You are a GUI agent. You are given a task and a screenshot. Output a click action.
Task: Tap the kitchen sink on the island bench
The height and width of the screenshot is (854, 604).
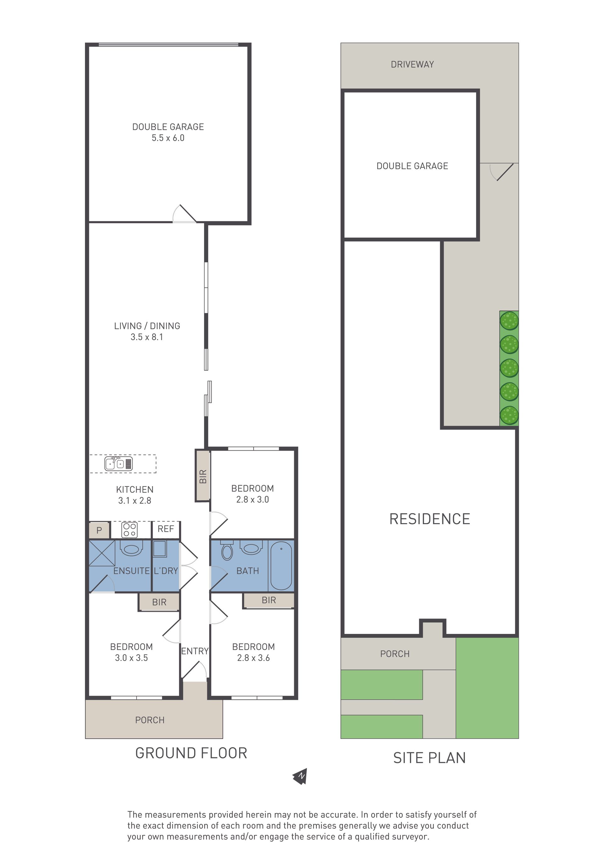coord(119,464)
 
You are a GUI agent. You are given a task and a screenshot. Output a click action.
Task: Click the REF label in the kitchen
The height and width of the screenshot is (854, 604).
coord(165,529)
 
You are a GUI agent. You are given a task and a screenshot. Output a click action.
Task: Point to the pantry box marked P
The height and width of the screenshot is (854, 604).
coord(99,530)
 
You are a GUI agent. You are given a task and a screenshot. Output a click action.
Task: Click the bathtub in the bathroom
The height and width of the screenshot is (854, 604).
coord(281,566)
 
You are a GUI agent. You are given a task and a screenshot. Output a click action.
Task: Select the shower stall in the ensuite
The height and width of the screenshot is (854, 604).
coord(102,553)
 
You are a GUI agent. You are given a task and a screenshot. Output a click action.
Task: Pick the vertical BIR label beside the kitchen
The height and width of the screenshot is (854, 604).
coord(203,476)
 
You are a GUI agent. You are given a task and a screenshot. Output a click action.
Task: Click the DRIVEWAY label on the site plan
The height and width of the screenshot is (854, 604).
coord(412,65)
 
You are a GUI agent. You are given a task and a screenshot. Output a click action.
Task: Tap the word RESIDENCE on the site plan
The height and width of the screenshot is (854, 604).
coord(430,519)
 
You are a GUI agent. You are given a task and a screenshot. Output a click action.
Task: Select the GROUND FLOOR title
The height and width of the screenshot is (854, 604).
coord(191,753)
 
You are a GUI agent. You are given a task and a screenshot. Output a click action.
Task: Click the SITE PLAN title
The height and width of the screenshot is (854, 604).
coord(429,758)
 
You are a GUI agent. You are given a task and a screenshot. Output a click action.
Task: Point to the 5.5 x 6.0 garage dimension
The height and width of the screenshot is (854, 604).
coord(168,138)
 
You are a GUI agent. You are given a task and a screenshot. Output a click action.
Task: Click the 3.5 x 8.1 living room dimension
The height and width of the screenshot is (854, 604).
coord(147,337)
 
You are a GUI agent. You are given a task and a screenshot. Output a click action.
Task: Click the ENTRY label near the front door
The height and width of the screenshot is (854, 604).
coord(195,651)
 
